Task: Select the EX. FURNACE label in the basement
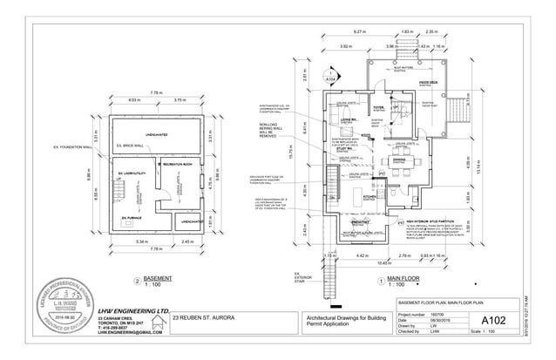(132, 217)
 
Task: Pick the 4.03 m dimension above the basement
(135, 100)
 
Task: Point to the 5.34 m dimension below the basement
(142, 241)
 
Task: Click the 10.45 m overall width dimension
(382, 262)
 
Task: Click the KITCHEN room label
(369, 198)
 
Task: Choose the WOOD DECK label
(429, 84)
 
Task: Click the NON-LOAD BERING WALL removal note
(273, 132)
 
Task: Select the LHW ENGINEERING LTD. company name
(133, 310)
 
